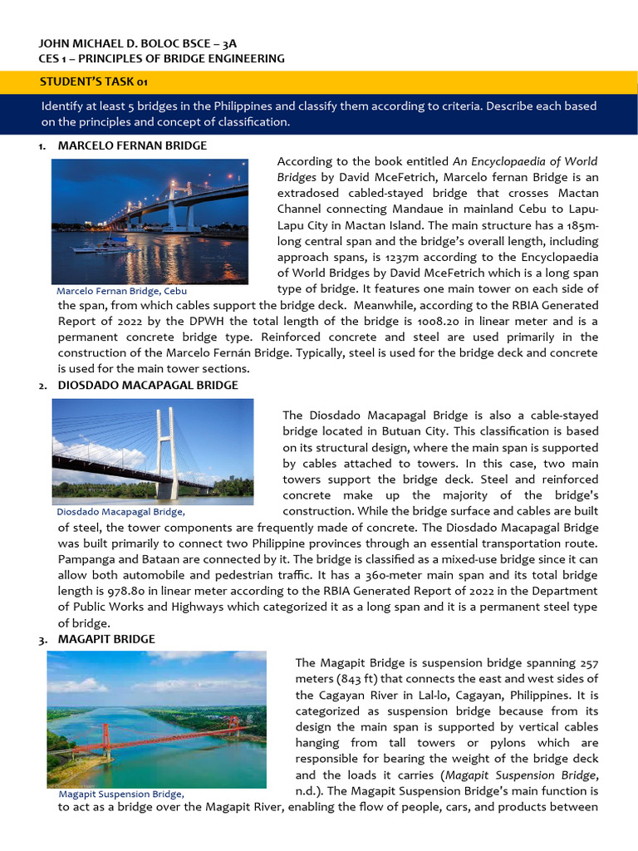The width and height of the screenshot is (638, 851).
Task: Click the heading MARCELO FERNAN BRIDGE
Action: (x=132, y=145)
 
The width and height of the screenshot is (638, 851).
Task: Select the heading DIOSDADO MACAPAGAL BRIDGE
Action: (x=148, y=386)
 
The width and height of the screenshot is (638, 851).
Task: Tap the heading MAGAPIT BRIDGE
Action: (x=106, y=638)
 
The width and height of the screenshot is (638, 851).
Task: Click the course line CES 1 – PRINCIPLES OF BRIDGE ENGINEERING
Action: (x=162, y=59)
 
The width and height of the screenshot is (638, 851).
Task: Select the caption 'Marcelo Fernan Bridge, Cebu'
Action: (x=121, y=292)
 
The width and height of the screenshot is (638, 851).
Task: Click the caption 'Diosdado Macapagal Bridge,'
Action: (x=120, y=512)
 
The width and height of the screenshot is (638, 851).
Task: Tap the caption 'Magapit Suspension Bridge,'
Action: (x=121, y=794)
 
